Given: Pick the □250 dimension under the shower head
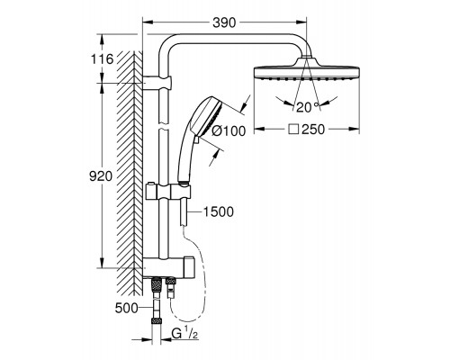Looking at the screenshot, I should tap(311, 130).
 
